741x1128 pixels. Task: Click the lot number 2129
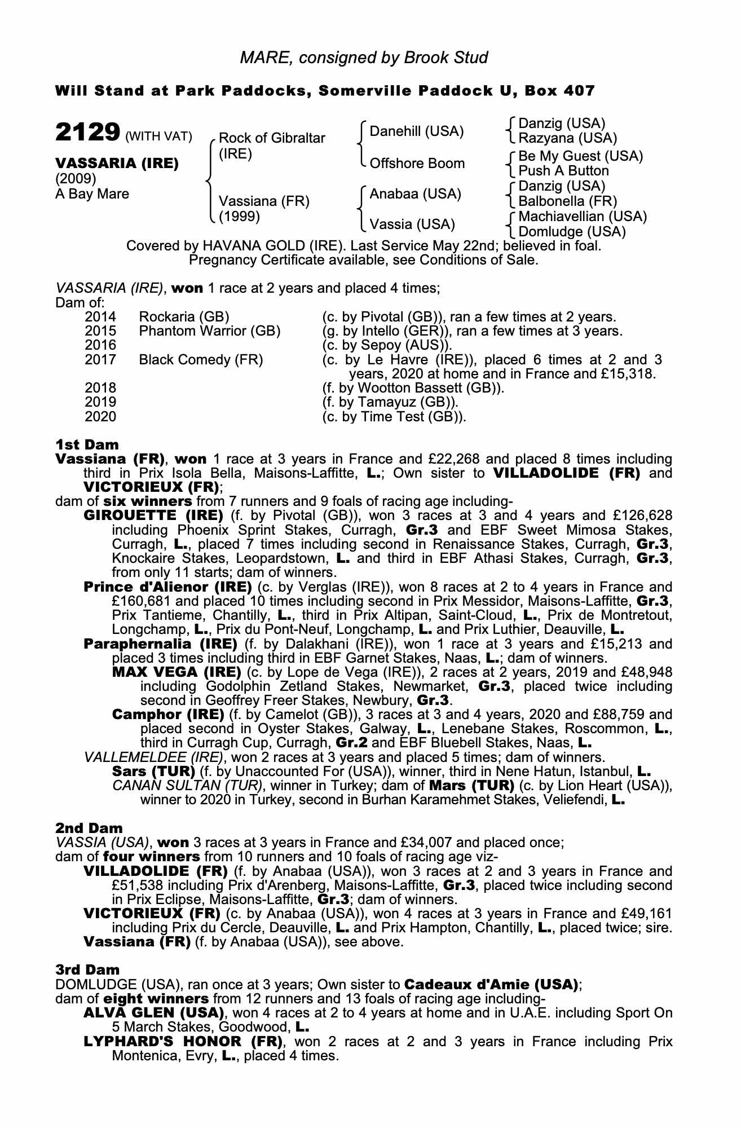pyautogui.click(x=87, y=133)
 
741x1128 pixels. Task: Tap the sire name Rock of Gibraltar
pyautogui.click(x=271, y=138)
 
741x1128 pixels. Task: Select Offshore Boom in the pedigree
pyautogui.click(x=417, y=164)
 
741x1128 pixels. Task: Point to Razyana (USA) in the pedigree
pyautogui.click(x=567, y=138)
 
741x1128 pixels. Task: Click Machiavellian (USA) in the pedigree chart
pyautogui.click(x=583, y=217)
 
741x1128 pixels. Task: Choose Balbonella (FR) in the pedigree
pyautogui.click(x=567, y=201)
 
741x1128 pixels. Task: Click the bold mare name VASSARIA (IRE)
pyautogui.click(x=117, y=164)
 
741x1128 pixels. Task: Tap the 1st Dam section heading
pyautogui.click(x=86, y=444)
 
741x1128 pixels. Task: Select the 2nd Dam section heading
pyautogui.click(x=89, y=828)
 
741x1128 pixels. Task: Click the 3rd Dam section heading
pyautogui.click(x=87, y=970)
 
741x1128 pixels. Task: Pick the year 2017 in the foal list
pyautogui.click(x=100, y=360)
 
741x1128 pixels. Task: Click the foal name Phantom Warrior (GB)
pyautogui.click(x=209, y=331)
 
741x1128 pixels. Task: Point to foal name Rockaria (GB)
pyautogui.click(x=184, y=317)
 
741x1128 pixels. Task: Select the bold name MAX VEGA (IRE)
pyautogui.click(x=177, y=672)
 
